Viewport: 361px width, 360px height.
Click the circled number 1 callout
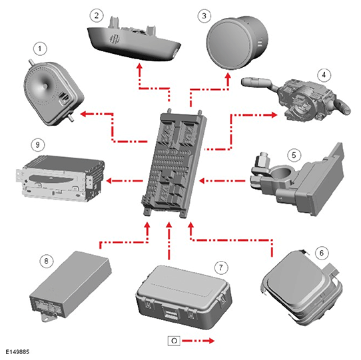(x=40, y=49)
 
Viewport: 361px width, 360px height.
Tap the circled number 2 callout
(x=97, y=16)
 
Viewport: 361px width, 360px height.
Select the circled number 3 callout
(x=204, y=16)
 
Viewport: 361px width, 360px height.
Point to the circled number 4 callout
(x=324, y=75)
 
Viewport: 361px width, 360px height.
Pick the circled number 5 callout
(x=294, y=155)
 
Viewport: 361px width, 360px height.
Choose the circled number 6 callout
(x=322, y=253)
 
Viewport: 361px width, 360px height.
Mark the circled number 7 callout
(x=221, y=268)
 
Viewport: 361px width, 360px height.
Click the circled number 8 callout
(x=46, y=261)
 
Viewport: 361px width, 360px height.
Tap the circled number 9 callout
(x=37, y=144)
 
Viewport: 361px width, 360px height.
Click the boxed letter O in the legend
(x=174, y=341)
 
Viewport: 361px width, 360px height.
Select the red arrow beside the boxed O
(x=198, y=341)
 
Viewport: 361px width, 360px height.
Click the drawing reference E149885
(x=17, y=352)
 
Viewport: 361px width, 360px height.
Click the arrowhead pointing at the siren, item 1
(x=83, y=114)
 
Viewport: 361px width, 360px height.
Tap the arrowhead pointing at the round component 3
(x=228, y=77)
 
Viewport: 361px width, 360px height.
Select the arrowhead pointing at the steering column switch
(x=274, y=114)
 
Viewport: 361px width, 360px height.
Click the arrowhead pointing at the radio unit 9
(x=109, y=181)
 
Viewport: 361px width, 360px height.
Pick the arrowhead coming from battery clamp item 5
(x=202, y=181)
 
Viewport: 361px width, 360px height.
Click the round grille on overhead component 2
(x=114, y=39)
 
